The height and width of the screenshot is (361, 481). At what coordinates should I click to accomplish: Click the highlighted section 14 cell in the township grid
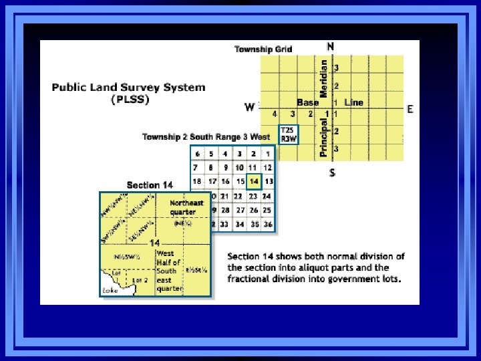pos(253,181)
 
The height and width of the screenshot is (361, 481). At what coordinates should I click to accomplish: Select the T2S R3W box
pos(288,134)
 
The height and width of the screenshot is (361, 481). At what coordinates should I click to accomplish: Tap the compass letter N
pos(331,46)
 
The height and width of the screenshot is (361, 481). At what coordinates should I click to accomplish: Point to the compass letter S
pos(331,173)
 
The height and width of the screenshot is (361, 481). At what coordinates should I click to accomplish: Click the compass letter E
pos(410,109)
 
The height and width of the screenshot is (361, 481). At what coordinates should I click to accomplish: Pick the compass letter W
pos(249,107)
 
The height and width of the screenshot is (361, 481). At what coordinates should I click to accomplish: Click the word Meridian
pos(324,79)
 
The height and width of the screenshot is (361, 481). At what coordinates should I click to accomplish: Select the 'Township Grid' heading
pos(263,49)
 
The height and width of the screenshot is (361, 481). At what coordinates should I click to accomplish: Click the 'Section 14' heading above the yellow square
pos(150,185)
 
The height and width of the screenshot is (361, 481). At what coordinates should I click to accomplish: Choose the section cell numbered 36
pos(268,224)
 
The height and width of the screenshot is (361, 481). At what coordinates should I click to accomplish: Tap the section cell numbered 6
pos(198,154)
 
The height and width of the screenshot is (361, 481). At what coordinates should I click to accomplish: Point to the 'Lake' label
pos(110,290)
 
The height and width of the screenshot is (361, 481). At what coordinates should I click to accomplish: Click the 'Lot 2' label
pos(140,280)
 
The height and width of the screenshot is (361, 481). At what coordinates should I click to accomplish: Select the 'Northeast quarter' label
pos(186,207)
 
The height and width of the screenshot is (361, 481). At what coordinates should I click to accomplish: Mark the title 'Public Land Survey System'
pos(129,87)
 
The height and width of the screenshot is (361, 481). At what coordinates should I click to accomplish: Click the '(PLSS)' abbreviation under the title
pos(130,100)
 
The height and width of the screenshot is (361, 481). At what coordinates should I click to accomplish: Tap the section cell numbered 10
pos(239,167)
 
